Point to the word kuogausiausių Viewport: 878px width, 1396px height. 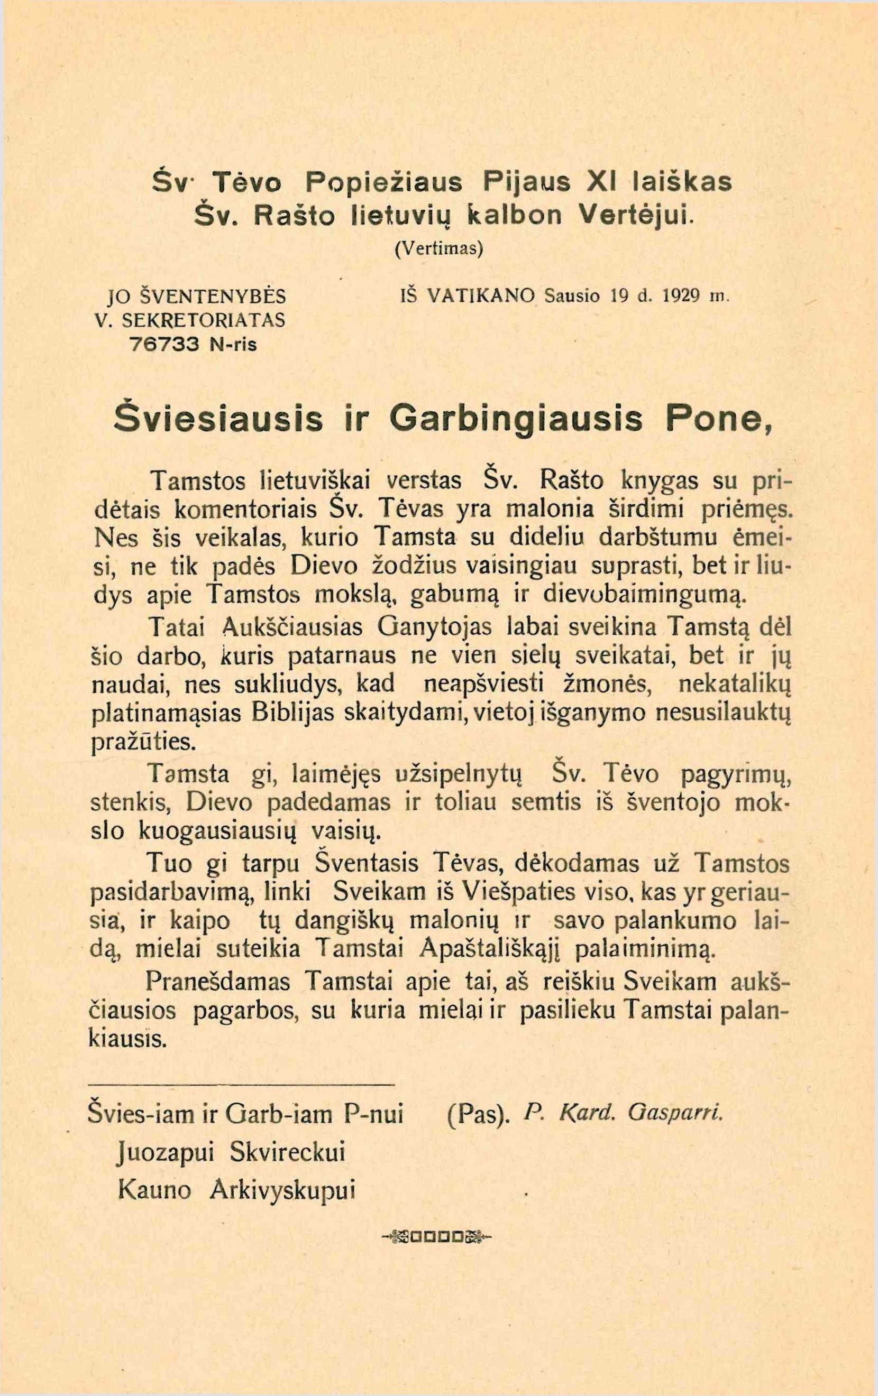point(218,832)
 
